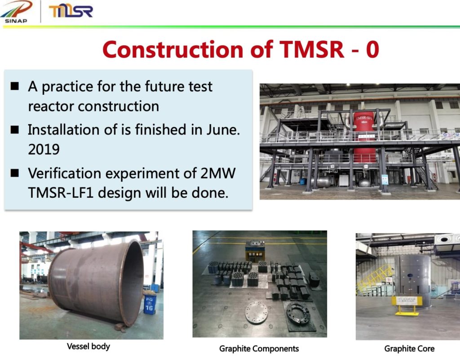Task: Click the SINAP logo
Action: tap(16, 12)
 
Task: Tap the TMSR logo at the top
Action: tap(71, 11)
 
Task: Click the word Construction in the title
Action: tap(173, 49)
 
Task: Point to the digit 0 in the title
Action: tap(372, 49)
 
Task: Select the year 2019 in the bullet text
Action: tap(44, 149)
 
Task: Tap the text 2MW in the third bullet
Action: tap(218, 173)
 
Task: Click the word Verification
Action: tap(64, 173)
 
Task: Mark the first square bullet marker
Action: tap(15, 86)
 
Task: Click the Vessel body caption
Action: tap(88, 347)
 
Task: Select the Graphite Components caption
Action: tap(259, 349)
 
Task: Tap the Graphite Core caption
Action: tap(409, 349)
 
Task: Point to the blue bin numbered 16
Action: tap(149, 304)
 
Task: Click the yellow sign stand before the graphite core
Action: tap(407, 305)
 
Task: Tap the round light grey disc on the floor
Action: tap(257, 312)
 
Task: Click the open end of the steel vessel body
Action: tap(132, 283)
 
